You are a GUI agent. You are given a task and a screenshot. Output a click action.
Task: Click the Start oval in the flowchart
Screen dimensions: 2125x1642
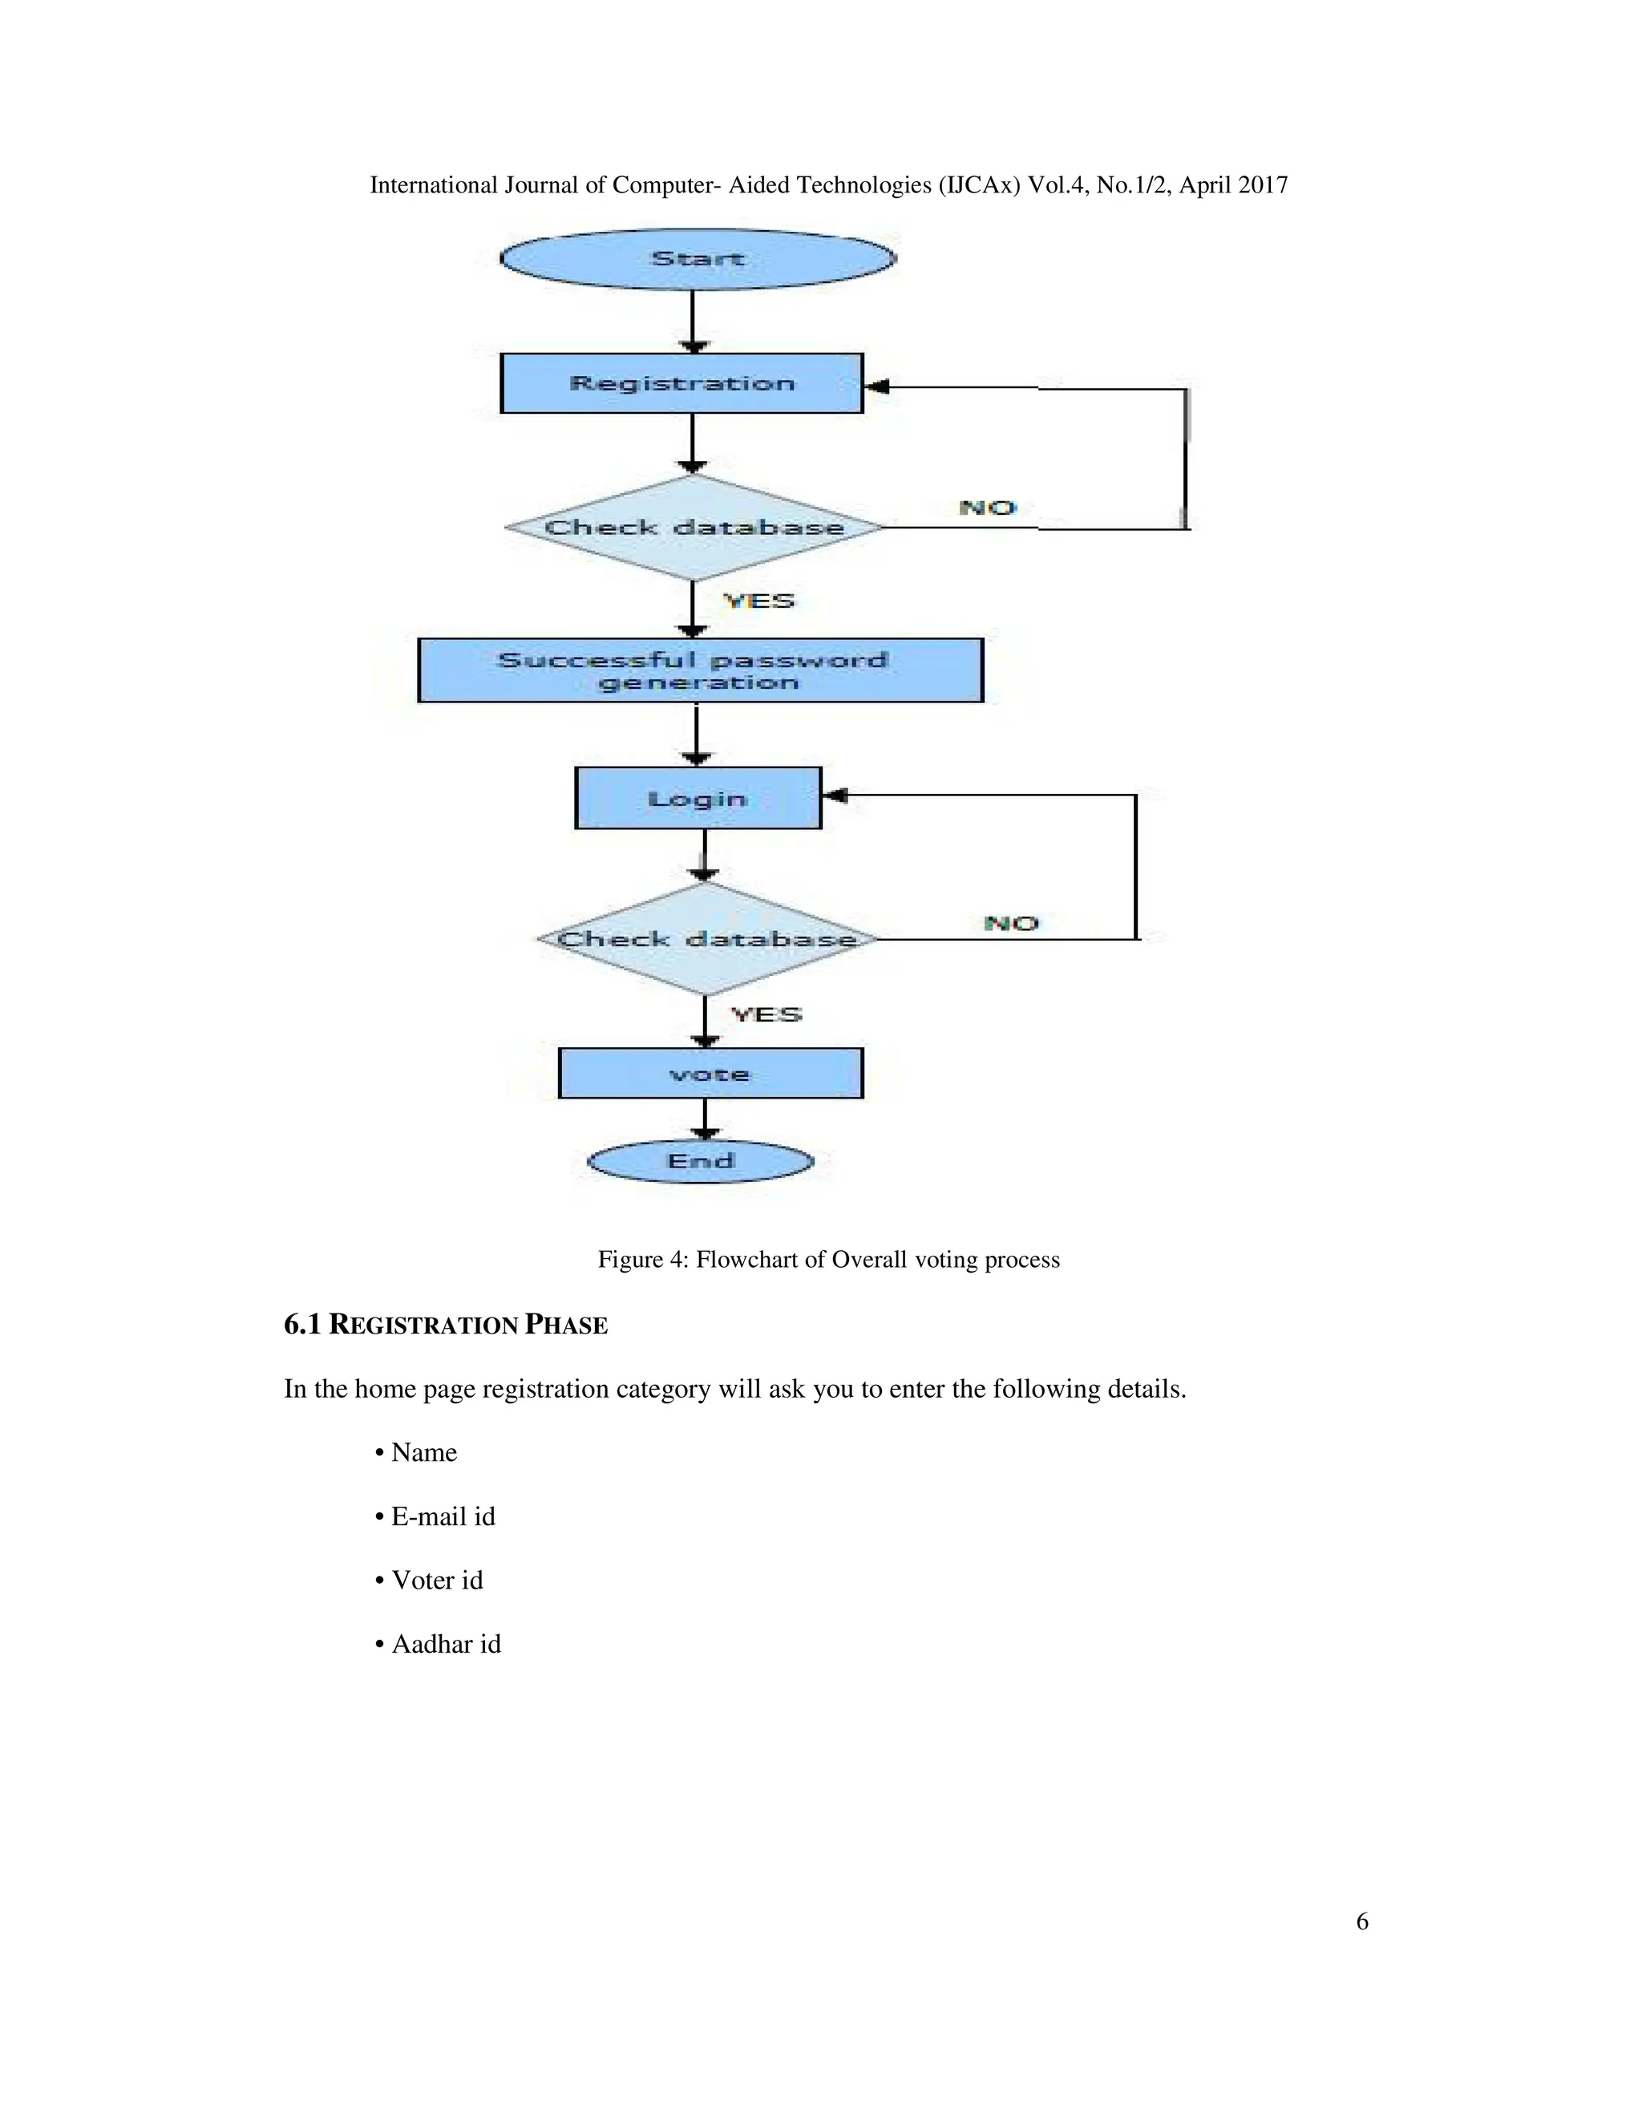point(698,259)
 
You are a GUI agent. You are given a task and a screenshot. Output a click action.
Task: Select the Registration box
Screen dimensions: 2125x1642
point(681,383)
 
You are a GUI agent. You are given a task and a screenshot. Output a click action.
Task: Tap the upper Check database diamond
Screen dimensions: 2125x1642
point(694,528)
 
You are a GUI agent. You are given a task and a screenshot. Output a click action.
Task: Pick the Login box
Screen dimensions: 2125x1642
point(698,799)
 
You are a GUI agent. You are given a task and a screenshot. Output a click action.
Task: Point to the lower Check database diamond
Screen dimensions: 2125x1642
point(706,939)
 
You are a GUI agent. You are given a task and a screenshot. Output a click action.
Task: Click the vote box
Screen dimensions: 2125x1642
point(710,1075)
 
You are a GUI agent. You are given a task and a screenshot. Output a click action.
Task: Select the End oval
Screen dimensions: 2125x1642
point(701,1162)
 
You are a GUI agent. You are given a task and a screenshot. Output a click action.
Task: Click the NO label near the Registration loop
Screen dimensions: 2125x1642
point(986,508)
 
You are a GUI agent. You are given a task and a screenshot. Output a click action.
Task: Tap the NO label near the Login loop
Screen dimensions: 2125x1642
point(1011,923)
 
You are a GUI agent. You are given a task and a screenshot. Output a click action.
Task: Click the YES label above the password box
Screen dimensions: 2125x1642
point(758,601)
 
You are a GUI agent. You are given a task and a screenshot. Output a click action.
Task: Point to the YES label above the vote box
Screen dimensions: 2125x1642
point(766,1015)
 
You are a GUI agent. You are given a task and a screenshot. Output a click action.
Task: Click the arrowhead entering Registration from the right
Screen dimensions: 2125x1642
point(876,387)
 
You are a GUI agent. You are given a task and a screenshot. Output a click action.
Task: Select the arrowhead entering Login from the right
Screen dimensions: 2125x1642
point(835,796)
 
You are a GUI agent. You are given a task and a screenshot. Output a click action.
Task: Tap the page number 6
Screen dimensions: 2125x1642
point(1362,1921)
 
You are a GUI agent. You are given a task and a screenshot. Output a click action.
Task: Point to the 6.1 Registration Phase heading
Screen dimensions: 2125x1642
point(446,1326)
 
